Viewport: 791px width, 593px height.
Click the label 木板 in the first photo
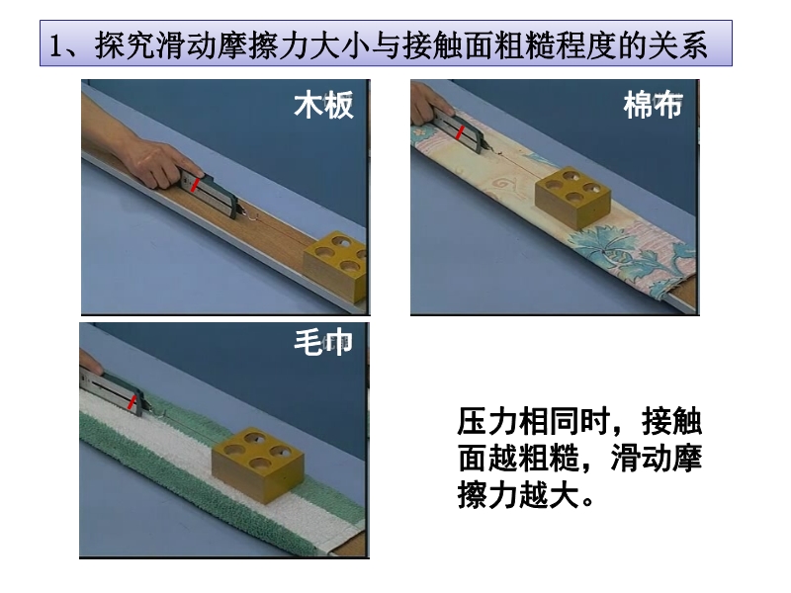point(323,106)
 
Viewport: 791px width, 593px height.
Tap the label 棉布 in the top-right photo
point(653,106)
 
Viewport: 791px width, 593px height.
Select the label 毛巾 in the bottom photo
point(323,343)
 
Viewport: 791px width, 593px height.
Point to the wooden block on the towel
point(258,465)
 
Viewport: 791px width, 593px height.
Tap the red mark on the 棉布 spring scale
point(460,132)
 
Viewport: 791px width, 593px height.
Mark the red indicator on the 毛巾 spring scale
point(132,402)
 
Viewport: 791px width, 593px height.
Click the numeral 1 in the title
point(56,45)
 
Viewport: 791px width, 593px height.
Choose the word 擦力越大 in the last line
point(518,494)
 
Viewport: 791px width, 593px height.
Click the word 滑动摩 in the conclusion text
point(657,458)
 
